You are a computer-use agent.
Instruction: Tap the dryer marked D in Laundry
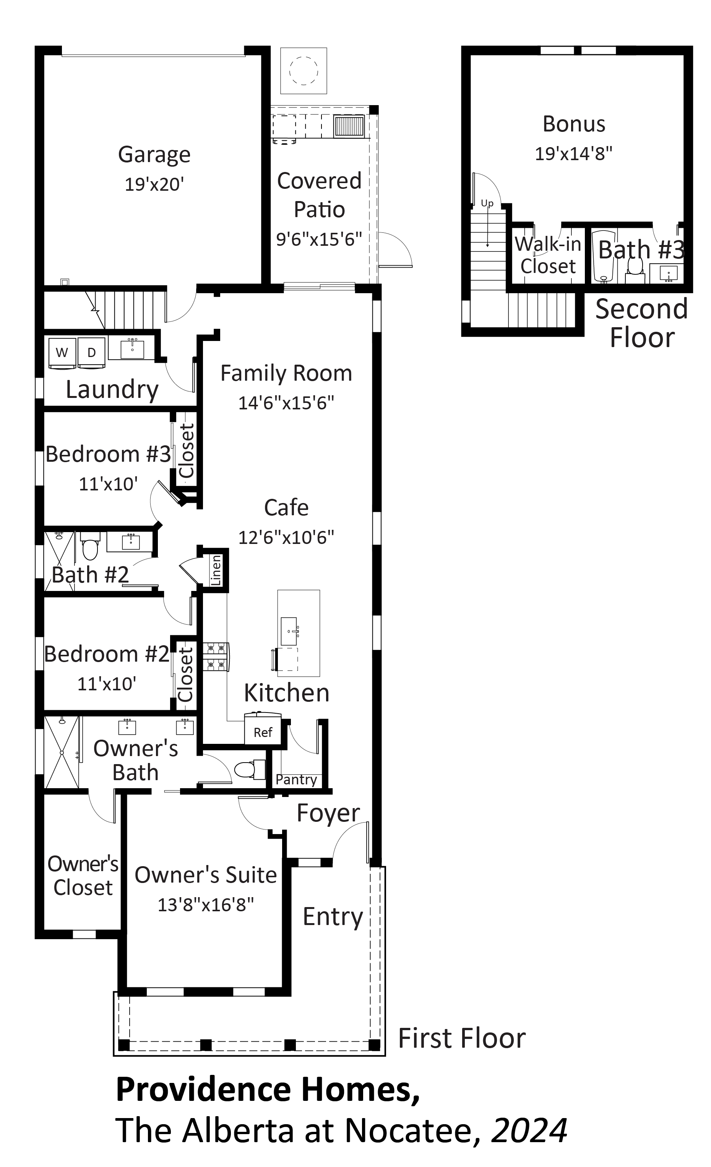coord(92,352)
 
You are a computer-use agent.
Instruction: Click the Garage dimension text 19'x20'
coord(154,184)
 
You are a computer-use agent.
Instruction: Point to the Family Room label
coord(286,373)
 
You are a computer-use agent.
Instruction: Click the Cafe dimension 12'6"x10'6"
coord(286,537)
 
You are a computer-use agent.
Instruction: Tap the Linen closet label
coord(216,570)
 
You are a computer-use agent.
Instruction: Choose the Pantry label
coord(297,779)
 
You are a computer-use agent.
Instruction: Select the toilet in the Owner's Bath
coord(250,769)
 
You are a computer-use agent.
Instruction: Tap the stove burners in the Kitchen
coord(216,656)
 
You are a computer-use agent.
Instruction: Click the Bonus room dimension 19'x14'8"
coord(574,154)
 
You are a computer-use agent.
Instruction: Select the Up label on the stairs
coord(487,204)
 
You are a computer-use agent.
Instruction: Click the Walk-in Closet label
coord(548,255)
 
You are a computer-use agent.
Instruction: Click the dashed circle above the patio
coord(304,71)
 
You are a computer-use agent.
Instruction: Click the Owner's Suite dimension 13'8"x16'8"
coord(206,905)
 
